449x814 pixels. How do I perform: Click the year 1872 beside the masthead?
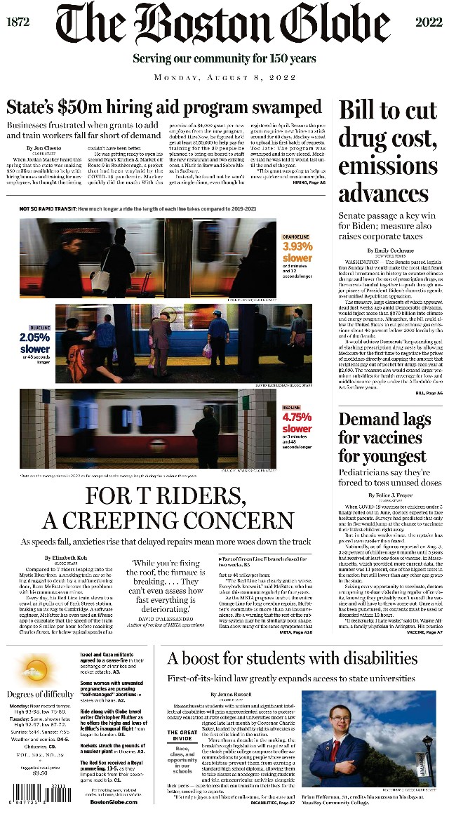[x=18, y=22]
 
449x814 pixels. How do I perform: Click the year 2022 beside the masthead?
[x=429, y=22]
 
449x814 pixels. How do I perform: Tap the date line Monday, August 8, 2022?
[x=224, y=77]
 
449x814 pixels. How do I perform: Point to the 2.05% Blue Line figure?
[x=35, y=338]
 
